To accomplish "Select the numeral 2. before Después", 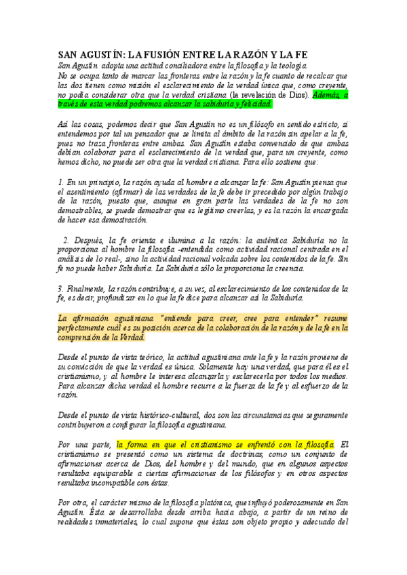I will [x=66, y=239].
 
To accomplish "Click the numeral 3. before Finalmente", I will [x=60, y=288].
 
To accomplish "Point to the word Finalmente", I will [x=87, y=288].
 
